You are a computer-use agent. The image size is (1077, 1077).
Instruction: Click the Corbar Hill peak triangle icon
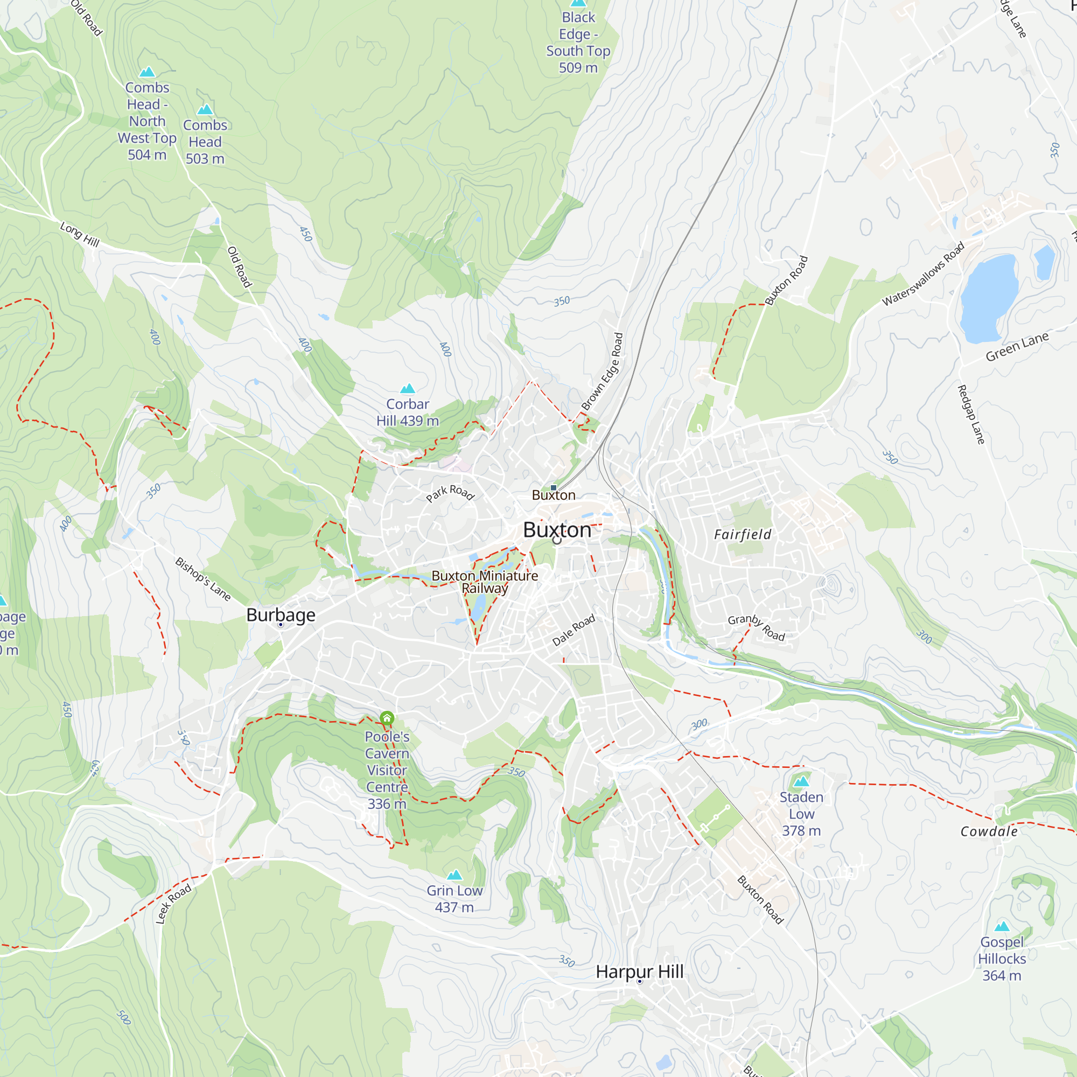[x=408, y=389]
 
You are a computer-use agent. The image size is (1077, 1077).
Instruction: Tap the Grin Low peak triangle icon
[x=454, y=875]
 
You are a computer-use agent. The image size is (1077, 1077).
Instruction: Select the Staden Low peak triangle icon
[x=801, y=781]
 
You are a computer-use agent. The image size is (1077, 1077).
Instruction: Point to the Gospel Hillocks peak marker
[x=1002, y=926]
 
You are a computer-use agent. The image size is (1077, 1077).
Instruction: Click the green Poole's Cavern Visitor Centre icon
[x=387, y=717]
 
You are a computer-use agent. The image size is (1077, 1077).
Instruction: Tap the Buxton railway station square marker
[x=553, y=488]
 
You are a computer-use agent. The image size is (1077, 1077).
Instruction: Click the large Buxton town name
[x=557, y=529]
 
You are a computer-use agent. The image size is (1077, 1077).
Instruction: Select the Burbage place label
[x=281, y=614]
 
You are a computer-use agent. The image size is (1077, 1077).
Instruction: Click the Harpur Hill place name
[x=639, y=971]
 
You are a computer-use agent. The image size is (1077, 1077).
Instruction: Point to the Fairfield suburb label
[x=743, y=535]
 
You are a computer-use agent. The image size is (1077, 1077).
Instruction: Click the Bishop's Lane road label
[x=203, y=579]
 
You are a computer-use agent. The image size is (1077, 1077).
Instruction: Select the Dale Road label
[x=574, y=630]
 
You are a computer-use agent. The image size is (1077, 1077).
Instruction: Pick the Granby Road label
[x=757, y=628]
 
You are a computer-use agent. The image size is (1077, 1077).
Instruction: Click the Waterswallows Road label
[x=922, y=273]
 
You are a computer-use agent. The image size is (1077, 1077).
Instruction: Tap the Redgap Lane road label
[x=970, y=414]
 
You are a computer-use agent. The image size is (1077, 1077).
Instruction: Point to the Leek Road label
[x=173, y=904]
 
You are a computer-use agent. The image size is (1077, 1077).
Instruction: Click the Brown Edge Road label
[x=602, y=371]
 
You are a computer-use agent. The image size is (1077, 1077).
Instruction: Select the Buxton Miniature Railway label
[x=485, y=582]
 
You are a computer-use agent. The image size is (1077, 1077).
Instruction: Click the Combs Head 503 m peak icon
[x=205, y=109]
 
